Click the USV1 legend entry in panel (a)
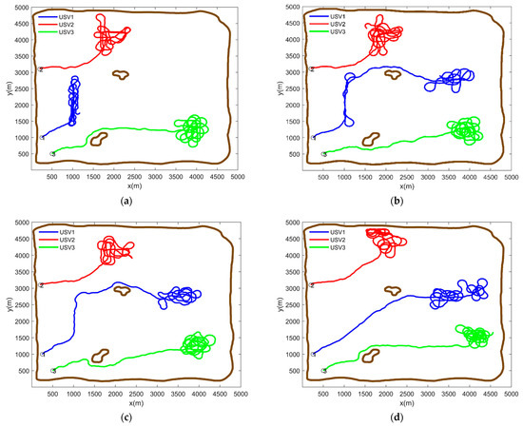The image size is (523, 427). [58, 16]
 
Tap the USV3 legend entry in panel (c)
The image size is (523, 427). [58, 244]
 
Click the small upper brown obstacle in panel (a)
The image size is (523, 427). [121, 74]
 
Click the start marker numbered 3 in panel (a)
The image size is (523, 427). [53, 153]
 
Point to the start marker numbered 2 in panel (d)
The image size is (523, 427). [313, 284]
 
